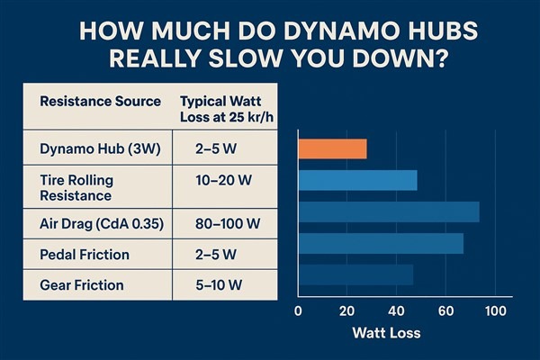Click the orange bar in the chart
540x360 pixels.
tap(331, 148)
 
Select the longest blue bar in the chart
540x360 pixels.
tap(388, 211)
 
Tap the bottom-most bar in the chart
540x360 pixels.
tap(355, 274)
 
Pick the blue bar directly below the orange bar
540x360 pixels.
tap(357, 180)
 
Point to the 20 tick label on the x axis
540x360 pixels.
tap(346, 311)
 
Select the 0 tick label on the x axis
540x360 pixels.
tap(298, 311)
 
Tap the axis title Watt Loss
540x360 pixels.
tap(384, 334)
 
